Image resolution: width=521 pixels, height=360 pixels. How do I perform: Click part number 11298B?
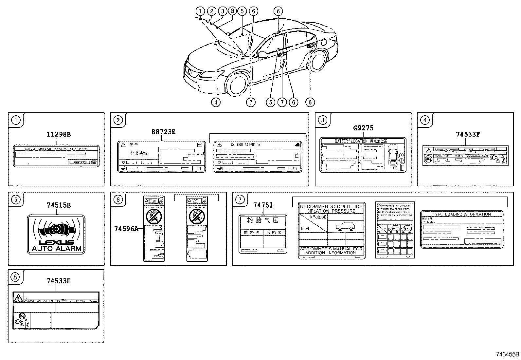[58, 134]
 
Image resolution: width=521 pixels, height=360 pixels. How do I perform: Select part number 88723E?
[163, 132]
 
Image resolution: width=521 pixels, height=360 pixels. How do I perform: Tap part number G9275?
[363, 128]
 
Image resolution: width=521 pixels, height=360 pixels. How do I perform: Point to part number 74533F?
[468, 134]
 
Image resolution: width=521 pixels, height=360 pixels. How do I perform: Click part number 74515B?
[59, 205]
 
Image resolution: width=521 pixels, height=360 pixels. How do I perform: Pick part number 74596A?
[126, 229]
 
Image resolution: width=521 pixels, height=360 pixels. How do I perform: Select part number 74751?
[263, 205]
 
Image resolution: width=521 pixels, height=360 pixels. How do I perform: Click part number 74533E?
[58, 281]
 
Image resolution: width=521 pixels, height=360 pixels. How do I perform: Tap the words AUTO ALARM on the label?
[56, 248]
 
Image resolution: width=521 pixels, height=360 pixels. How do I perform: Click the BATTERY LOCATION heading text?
[351, 141]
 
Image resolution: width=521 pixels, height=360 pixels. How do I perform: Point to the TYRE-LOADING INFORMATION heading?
[461, 214]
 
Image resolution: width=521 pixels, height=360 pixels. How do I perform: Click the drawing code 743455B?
[507, 354]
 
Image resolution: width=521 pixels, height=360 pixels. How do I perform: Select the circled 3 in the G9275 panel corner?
[323, 120]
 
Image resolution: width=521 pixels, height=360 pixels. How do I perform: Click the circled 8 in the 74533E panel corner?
[16, 277]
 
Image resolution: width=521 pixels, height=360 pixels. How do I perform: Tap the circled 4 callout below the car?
[216, 102]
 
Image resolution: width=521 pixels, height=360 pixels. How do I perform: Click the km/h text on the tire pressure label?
[305, 229]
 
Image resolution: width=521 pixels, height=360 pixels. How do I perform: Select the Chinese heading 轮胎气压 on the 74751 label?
[263, 220]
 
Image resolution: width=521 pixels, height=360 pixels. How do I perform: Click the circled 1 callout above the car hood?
[200, 11]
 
